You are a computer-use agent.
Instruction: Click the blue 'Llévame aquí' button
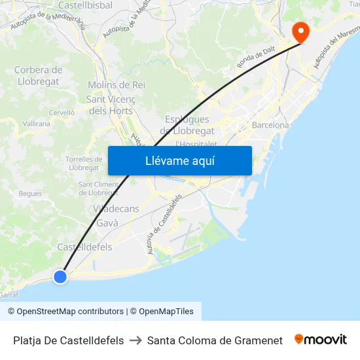pos(179,160)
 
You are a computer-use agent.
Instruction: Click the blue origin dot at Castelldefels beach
pos(60,277)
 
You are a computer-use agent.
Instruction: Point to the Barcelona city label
pos(270,125)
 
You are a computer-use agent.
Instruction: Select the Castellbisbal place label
pos(85,5)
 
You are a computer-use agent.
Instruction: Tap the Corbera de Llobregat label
pos(38,76)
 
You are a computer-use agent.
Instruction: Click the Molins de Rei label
pos(116,85)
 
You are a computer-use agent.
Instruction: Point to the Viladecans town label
pos(116,209)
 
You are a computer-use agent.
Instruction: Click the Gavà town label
pos(107,223)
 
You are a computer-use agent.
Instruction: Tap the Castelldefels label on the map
pos(84,247)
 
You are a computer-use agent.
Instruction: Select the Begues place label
pos(30,194)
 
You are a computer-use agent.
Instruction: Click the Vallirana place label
pos(37,123)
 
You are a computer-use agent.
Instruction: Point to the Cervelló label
pos(62,113)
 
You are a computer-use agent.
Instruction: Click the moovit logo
pos(321,340)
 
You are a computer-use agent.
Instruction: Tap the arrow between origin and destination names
pos(135,340)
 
